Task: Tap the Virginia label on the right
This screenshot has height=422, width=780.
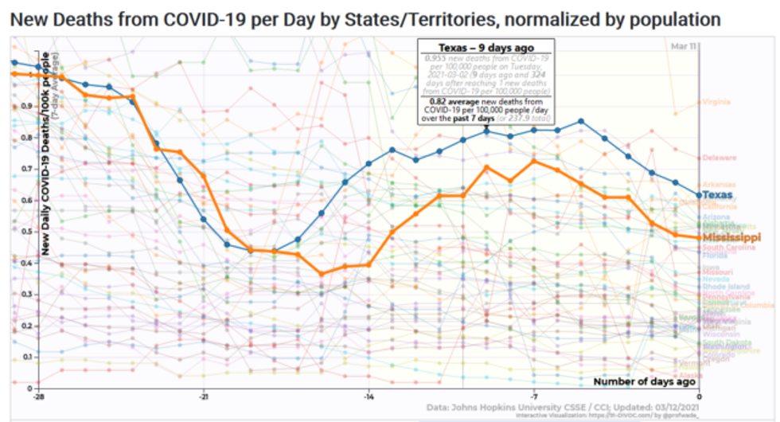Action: click(716, 102)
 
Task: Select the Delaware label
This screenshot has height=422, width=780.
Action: click(718, 158)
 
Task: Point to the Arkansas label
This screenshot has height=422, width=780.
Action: click(718, 185)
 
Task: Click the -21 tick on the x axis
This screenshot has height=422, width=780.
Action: click(204, 396)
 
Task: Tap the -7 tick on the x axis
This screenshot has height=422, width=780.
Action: click(534, 396)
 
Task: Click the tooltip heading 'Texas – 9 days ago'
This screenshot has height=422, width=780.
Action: click(486, 47)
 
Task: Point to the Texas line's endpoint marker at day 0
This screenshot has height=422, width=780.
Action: click(699, 195)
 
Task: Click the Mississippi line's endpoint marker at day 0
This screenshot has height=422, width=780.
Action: click(699, 237)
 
